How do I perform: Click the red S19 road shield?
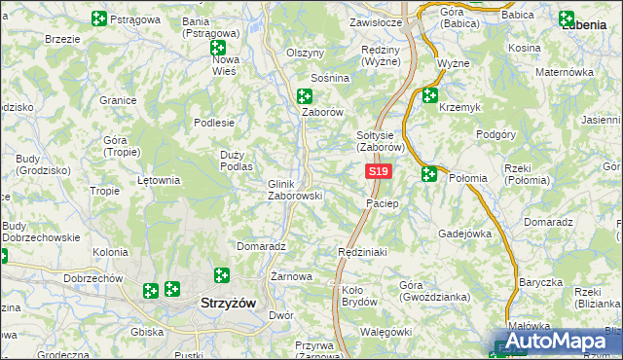(379, 172)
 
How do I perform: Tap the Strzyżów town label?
(228, 303)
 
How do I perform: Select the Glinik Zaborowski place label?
(294, 189)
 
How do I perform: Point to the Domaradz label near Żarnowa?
(260, 247)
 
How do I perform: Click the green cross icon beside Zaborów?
(305, 95)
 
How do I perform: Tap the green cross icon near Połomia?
(429, 174)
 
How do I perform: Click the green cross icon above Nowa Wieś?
(218, 47)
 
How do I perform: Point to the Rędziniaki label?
(362, 252)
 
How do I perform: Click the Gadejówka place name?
(465, 234)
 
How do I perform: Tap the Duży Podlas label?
(237, 160)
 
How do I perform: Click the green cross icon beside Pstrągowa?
(98, 18)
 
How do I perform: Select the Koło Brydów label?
(359, 296)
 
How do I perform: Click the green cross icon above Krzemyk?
(429, 95)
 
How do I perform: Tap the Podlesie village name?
(214, 123)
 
